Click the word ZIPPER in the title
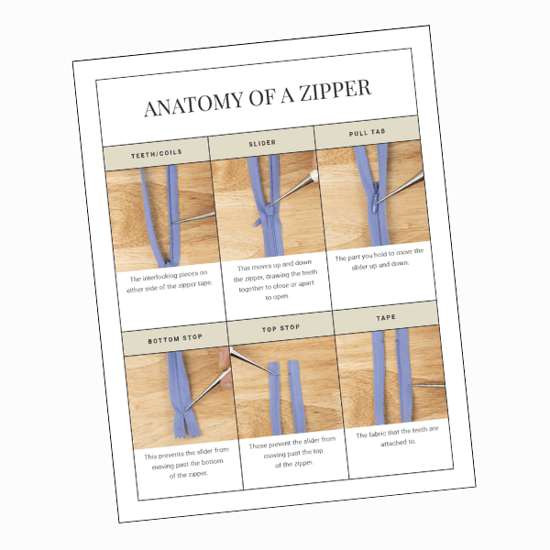coord(335,90)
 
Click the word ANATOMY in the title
coord(193,104)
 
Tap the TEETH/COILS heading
coord(157,154)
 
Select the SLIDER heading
coord(262,143)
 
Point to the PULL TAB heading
coord(368,132)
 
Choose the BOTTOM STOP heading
coord(175,339)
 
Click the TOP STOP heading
coord(281,328)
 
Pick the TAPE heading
coord(386,318)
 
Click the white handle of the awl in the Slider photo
coord(314,175)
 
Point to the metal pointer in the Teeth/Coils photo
coord(193,217)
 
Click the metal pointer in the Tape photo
coord(427,386)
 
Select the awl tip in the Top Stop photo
coord(278,375)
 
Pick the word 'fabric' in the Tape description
coord(378,434)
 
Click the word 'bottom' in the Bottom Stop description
coord(213,462)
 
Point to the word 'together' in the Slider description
coord(250,289)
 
